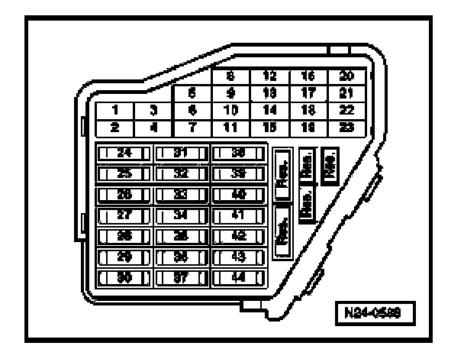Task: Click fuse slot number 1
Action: click(114, 110)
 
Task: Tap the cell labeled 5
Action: click(193, 95)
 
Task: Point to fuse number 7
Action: click(193, 125)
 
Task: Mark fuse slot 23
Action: click(346, 125)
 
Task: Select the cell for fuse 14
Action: click(269, 110)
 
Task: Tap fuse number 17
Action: click(308, 95)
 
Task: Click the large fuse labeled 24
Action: click(124, 153)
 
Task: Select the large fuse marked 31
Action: click(182, 153)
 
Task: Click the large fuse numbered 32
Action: click(182, 173)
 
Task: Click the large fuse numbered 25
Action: click(124, 173)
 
